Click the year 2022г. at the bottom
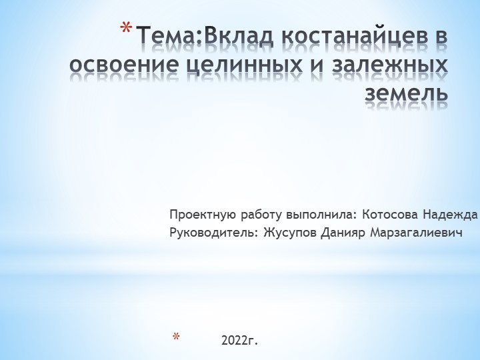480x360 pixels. pos(239,341)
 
